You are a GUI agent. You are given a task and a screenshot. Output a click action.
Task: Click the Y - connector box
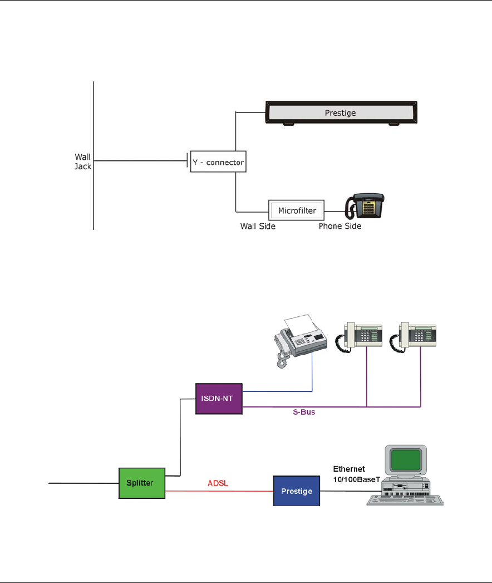(x=218, y=161)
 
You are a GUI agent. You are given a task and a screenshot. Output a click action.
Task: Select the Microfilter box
(x=297, y=210)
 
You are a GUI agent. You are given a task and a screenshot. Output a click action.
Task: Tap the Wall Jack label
(x=83, y=161)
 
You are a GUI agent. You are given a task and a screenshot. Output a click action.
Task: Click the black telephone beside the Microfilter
(x=365, y=206)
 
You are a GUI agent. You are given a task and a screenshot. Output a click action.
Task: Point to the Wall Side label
(x=258, y=226)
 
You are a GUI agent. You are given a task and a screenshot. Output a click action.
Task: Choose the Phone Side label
(x=340, y=226)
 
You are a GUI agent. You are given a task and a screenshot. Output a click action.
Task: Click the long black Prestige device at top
(x=341, y=112)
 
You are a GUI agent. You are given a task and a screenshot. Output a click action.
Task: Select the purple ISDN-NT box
(x=219, y=399)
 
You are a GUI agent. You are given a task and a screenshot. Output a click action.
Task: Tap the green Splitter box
(x=141, y=483)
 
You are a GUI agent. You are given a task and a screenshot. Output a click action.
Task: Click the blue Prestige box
(x=297, y=491)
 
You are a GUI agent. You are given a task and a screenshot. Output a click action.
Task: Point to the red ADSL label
(x=218, y=483)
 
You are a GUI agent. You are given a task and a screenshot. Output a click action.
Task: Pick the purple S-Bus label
(x=304, y=412)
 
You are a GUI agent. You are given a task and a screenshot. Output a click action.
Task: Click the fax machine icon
(x=300, y=340)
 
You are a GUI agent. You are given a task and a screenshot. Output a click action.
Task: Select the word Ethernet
(x=349, y=469)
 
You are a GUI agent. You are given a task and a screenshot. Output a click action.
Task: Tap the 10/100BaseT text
(x=356, y=479)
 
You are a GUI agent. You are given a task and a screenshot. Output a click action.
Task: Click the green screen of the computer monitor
(x=406, y=459)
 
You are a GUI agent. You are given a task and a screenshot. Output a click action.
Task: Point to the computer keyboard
(x=405, y=501)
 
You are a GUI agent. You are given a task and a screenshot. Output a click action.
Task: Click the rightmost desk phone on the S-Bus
(x=413, y=337)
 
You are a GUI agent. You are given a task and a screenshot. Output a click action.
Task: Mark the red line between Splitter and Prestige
(x=219, y=491)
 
